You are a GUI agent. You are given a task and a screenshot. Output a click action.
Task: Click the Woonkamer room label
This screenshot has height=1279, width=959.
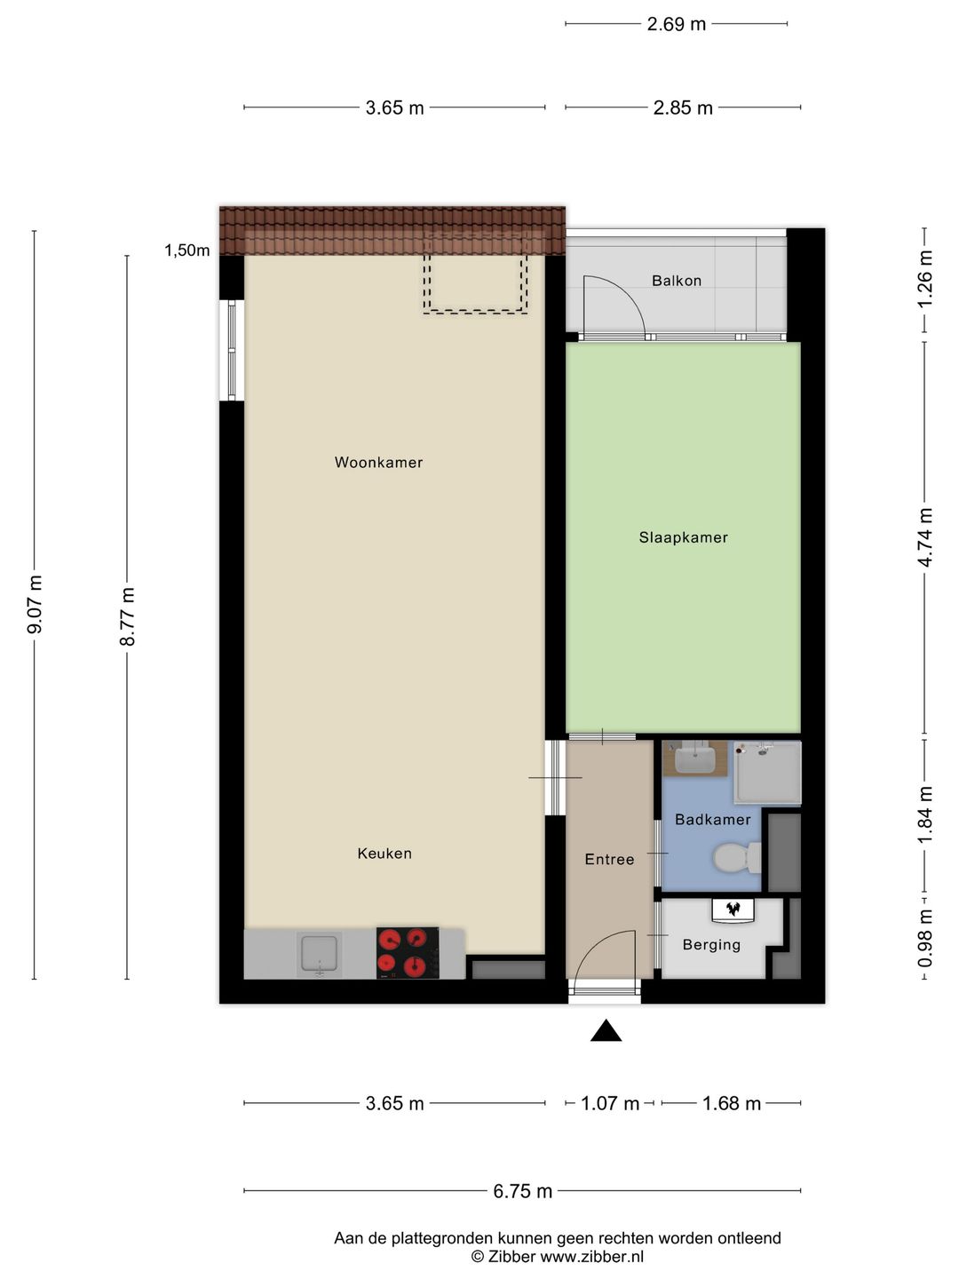point(378,462)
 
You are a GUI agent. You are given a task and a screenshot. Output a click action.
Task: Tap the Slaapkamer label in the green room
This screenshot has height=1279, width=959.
point(683,537)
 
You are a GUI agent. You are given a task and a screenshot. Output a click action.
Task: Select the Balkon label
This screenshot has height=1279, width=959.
point(677,281)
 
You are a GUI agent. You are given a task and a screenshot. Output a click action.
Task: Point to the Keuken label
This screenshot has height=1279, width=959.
point(384,853)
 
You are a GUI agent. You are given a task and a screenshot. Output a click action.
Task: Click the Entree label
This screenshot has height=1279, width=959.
point(609,859)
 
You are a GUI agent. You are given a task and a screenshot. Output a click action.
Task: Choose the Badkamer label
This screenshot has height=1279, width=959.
point(713,820)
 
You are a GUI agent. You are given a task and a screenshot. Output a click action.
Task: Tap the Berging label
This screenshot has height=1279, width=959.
point(711,945)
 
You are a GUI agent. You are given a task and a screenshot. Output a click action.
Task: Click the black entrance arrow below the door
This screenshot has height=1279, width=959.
point(606,1031)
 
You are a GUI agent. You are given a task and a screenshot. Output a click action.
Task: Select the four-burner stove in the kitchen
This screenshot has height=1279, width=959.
point(408,953)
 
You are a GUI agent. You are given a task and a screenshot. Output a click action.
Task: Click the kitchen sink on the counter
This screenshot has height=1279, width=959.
point(319,954)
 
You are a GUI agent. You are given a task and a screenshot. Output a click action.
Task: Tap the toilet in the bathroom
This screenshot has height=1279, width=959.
point(737,858)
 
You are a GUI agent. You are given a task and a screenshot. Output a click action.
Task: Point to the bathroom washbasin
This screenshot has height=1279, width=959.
point(694,759)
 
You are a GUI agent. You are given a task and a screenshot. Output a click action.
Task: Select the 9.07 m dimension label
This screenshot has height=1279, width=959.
point(35,604)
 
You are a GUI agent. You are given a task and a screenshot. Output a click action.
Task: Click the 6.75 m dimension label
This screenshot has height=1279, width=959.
point(522,1192)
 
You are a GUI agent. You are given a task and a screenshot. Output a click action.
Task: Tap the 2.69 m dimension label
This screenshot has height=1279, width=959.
point(676,25)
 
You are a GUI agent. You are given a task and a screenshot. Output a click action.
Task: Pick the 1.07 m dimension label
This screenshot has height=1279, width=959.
point(610,1103)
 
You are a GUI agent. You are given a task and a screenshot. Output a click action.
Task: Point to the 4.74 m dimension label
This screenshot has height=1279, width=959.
point(924,537)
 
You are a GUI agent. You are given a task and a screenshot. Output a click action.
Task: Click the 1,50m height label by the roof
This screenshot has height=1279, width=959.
point(186,250)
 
